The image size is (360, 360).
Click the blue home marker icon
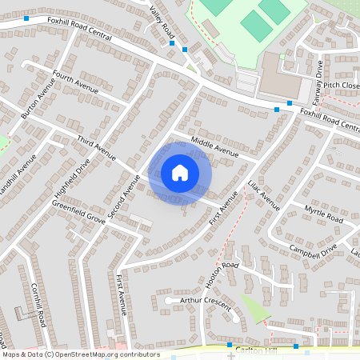click(x=180, y=173)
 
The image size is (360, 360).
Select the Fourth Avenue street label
click(x=74, y=82)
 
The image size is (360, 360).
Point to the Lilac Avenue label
click(x=265, y=194)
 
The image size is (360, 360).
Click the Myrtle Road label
click(x=323, y=214)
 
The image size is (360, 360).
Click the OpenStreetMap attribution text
click(x=80, y=354)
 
